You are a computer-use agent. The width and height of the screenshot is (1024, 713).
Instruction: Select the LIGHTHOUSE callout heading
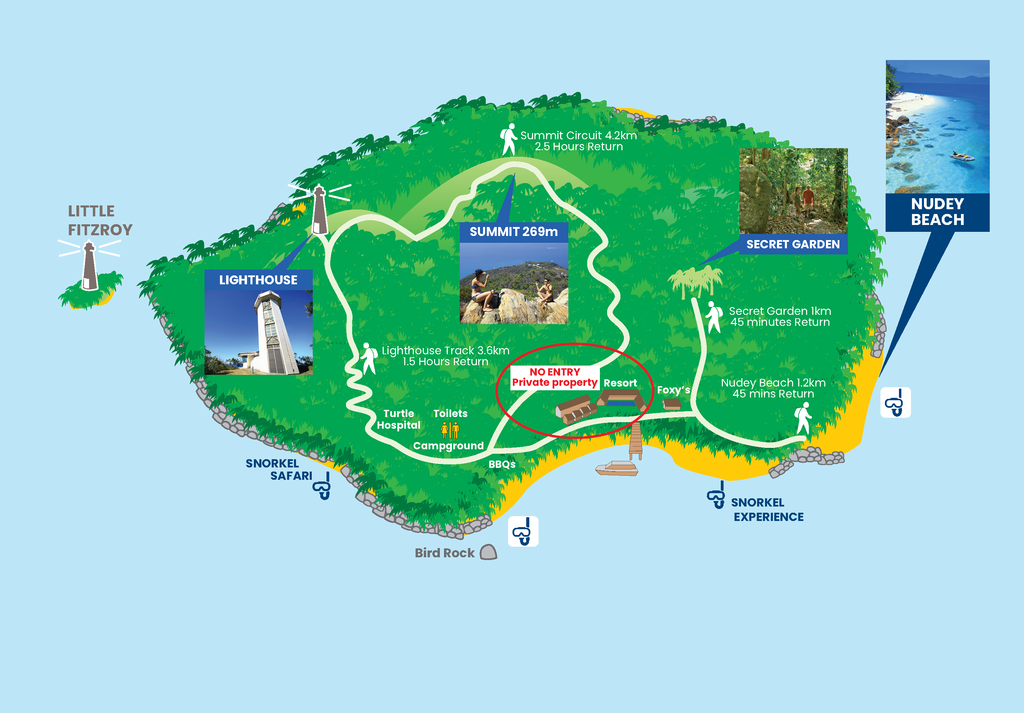coord(258,280)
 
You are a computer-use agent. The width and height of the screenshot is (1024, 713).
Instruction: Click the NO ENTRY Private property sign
coord(554,377)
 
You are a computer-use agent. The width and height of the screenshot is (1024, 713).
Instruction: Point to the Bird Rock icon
coord(489,552)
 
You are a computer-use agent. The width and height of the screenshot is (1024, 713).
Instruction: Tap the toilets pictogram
coord(449,430)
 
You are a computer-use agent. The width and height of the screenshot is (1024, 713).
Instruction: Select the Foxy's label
coord(673,390)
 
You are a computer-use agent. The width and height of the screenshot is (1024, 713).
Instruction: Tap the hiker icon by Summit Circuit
coord(508,139)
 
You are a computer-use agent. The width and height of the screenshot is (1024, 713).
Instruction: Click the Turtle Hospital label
coord(398,419)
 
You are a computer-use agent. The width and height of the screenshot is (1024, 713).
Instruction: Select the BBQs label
coord(502,464)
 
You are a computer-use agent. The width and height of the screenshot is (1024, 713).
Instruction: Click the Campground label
coord(448,445)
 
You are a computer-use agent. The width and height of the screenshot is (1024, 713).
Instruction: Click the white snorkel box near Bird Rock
coord(523,531)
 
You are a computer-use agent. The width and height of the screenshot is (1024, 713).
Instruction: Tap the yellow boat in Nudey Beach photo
coord(962,156)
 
